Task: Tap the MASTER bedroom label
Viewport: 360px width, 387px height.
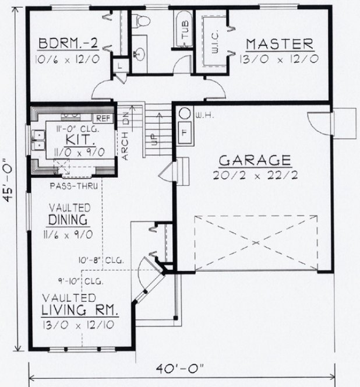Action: (280, 44)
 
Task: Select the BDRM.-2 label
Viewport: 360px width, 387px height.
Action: (66, 45)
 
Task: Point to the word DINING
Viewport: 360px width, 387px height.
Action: (68, 220)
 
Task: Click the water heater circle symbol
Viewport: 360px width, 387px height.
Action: (183, 113)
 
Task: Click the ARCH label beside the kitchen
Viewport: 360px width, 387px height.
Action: (126, 146)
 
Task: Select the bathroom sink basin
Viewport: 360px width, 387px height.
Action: (140, 55)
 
